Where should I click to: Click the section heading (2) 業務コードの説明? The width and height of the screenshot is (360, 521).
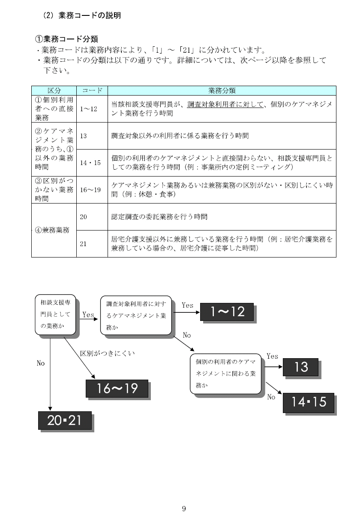tap(82, 15)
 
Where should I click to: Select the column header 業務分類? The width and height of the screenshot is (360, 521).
tap(222, 90)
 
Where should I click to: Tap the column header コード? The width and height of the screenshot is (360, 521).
tap(92, 90)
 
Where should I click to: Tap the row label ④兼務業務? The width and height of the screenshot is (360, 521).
tap(52, 230)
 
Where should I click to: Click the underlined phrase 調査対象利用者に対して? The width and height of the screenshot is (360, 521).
tap(225, 105)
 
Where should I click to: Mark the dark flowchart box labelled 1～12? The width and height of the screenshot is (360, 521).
tap(227, 311)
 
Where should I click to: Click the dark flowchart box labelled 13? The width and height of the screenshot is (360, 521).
tap(300, 367)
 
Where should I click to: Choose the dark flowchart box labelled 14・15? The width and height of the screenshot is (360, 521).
tap(308, 403)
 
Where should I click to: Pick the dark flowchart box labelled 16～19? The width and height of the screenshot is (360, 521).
tap(117, 389)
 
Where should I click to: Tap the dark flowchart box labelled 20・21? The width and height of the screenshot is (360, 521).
tap(65, 420)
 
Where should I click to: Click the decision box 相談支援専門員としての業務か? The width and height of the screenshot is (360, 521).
tap(55, 314)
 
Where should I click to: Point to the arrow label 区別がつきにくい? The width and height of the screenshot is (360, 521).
tap(108, 353)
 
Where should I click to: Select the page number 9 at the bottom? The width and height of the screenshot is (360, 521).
tap(184, 509)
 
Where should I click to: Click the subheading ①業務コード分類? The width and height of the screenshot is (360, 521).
tap(66, 39)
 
